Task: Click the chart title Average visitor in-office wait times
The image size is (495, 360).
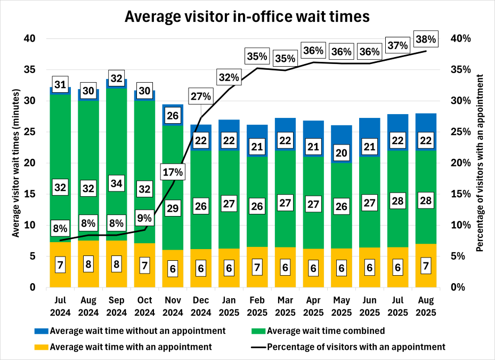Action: (x=247, y=17)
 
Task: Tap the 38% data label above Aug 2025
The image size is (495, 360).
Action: (x=426, y=38)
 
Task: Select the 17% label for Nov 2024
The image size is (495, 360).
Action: (x=173, y=172)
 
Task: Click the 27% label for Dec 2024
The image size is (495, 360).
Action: (x=201, y=97)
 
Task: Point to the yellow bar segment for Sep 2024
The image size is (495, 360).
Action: (x=117, y=264)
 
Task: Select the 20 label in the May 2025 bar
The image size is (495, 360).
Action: (x=341, y=154)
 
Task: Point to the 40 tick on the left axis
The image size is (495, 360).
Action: (x=30, y=38)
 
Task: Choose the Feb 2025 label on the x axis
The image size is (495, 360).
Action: (x=257, y=307)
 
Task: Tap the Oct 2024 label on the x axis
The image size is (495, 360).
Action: (x=144, y=307)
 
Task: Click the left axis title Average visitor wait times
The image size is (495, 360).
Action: (x=16, y=163)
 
